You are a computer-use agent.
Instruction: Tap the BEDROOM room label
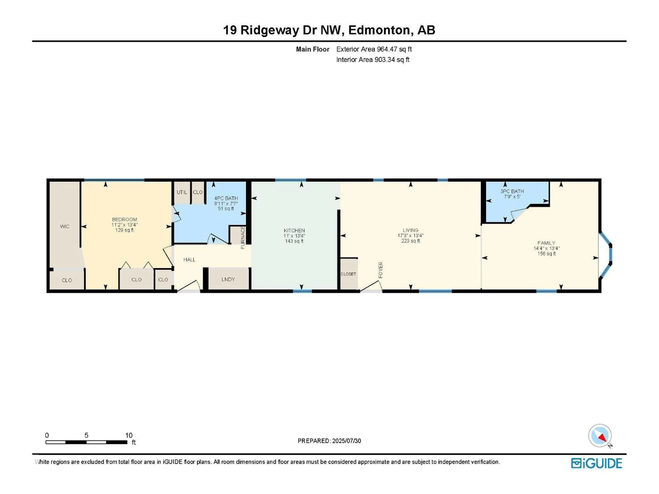point(125,219)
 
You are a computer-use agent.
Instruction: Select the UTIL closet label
point(182,192)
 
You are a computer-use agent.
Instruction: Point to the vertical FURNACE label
point(242,238)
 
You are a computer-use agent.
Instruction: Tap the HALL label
point(189,260)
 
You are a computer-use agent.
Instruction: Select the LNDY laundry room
point(228,279)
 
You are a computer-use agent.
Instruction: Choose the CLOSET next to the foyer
point(348,274)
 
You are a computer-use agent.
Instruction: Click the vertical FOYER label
point(380,270)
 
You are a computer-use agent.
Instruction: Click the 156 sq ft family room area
point(546,254)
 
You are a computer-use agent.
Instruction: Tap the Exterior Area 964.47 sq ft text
point(374,49)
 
